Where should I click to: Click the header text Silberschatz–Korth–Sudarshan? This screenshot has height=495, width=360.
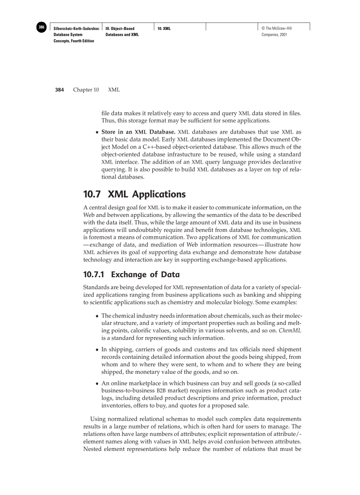(76, 29)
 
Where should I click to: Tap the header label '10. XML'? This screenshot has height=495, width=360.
(164, 29)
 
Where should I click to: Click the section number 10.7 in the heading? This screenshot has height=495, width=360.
(93, 194)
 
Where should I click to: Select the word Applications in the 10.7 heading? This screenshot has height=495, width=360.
(160, 194)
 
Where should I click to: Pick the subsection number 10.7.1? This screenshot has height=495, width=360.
(94, 275)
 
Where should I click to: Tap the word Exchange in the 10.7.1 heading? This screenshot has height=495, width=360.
(128, 275)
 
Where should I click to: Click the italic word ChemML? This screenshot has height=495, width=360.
(292, 330)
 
